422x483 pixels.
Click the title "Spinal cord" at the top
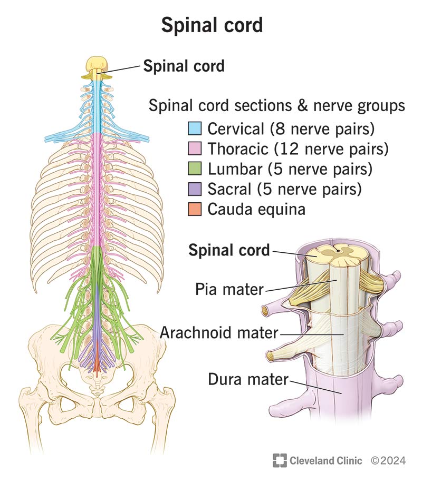point(211,25)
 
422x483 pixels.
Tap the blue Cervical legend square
point(195,128)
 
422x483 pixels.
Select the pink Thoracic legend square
point(195,149)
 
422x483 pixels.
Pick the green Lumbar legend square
point(195,169)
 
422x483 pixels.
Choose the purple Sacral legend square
point(195,189)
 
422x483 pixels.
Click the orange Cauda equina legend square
point(195,209)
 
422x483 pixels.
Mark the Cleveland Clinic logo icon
point(279,460)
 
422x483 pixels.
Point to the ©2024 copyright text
point(388,460)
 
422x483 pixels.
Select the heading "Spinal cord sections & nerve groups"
point(276,106)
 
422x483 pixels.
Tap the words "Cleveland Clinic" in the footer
point(325,460)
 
